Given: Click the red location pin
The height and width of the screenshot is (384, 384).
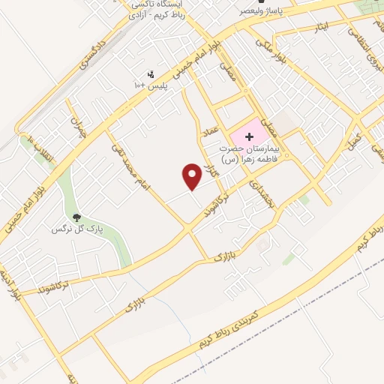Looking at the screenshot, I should click(x=192, y=176).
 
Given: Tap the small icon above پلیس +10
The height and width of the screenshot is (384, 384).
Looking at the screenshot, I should click(x=151, y=73).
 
